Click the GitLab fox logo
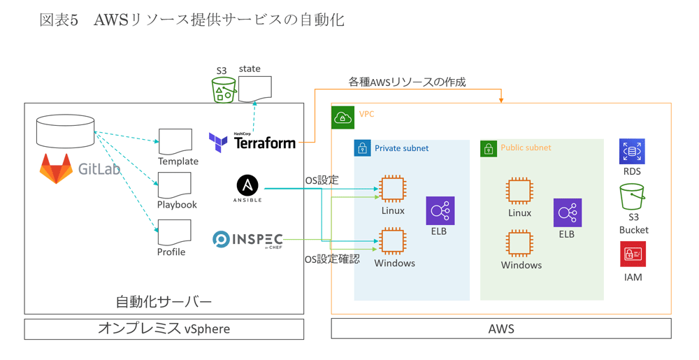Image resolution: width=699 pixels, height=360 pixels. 56,168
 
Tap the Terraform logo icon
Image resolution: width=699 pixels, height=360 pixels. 218,143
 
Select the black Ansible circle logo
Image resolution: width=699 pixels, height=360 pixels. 247,185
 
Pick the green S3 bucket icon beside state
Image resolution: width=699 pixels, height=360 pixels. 224,90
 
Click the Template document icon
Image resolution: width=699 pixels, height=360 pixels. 175,142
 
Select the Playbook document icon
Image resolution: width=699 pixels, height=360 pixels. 175,186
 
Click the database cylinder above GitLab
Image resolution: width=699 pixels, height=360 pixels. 65,131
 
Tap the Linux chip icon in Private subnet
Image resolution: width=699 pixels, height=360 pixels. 393,189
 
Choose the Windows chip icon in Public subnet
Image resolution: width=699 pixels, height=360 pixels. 519,244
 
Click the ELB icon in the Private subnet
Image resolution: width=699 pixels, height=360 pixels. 440,210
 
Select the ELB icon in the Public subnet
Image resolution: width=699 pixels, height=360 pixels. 567,213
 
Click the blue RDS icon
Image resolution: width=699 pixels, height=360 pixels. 632,151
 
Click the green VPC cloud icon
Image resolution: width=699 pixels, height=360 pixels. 343,117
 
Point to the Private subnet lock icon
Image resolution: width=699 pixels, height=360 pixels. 362,148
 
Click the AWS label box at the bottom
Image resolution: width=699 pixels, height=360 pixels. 500,329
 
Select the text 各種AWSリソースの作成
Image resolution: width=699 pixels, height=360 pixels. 407,82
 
